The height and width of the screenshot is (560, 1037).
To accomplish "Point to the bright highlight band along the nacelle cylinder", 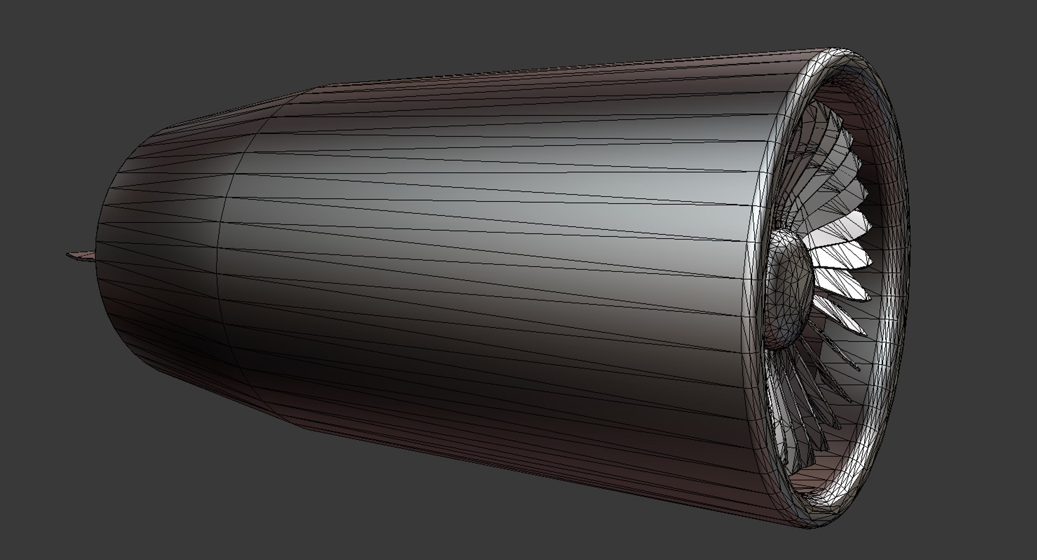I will (x=486, y=178).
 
